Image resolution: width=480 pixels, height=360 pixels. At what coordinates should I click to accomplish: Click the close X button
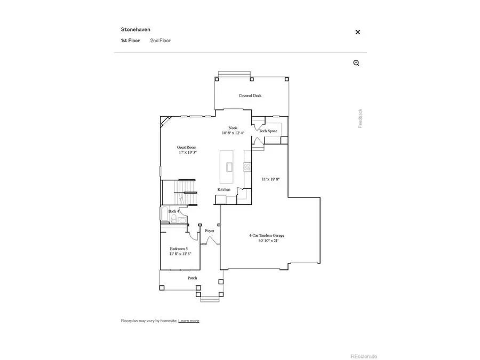click(x=358, y=32)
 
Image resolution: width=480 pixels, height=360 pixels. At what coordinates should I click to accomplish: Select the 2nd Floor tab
click(x=160, y=41)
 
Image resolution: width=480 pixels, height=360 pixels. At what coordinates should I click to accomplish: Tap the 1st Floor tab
click(x=130, y=41)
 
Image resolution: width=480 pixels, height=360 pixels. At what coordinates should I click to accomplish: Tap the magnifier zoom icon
click(x=356, y=63)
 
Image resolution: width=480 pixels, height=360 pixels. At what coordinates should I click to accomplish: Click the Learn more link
click(x=189, y=321)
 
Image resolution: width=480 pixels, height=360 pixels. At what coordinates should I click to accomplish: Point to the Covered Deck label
click(x=250, y=96)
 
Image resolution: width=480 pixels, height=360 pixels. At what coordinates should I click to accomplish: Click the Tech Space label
click(x=268, y=131)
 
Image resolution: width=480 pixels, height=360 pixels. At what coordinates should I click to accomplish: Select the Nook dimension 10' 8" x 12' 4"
click(x=233, y=133)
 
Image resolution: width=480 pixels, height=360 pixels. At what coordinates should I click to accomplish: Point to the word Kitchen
click(x=223, y=190)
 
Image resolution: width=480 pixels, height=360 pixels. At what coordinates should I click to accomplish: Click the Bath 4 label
click(x=174, y=212)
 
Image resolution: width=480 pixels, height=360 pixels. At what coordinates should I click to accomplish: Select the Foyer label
click(x=210, y=230)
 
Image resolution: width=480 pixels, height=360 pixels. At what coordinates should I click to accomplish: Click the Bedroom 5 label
click(x=179, y=249)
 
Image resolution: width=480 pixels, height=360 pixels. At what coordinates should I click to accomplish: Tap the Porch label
click(x=192, y=278)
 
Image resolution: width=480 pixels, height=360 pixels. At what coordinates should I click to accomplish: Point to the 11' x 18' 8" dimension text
click(x=270, y=180)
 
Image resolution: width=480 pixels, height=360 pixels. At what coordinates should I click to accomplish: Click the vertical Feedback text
click(x=360, y=118)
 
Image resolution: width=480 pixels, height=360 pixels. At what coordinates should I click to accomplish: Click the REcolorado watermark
click(x=363, y=356)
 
